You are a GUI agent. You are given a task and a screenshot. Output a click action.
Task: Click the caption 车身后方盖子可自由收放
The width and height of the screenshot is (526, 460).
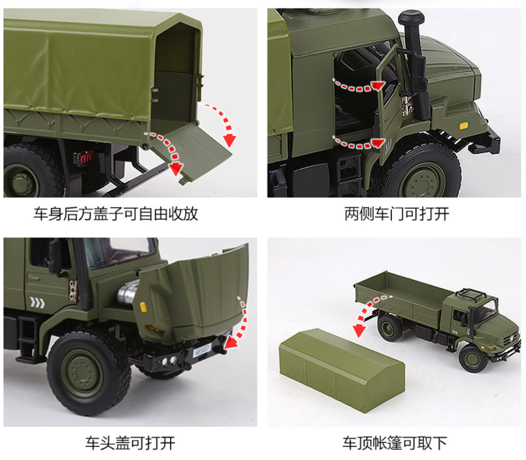[116, 214]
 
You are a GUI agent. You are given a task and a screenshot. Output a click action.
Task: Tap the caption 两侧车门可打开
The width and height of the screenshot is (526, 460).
[396, 214]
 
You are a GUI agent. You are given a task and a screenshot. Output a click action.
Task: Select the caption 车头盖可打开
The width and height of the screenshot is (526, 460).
[130, 443]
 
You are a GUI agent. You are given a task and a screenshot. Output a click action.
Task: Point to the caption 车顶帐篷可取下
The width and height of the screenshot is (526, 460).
[395, 443]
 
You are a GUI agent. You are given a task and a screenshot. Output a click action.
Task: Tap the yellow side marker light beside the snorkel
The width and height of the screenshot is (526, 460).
[463, 126]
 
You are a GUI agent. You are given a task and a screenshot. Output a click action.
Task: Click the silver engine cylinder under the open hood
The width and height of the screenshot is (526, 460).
[128, 293]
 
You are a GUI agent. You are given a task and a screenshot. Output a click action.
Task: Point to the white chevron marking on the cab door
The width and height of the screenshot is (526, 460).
[37, 302]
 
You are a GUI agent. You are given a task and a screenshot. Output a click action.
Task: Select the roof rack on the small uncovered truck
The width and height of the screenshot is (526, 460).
[471, 294]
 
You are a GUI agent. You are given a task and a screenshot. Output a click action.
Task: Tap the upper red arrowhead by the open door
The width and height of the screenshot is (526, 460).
[378, 86]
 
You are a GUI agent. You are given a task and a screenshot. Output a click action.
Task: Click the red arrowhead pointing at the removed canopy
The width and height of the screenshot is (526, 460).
[359, 330]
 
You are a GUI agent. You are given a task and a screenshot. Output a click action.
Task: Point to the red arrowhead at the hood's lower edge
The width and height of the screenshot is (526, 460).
[231, 343]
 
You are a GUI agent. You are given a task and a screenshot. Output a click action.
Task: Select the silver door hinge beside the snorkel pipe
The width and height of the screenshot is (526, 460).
[406, 104]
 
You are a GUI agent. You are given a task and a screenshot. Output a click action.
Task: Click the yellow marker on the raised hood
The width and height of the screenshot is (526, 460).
[143, 307]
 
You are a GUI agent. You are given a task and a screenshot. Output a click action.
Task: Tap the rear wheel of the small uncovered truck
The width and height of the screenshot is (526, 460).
[390, 327]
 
